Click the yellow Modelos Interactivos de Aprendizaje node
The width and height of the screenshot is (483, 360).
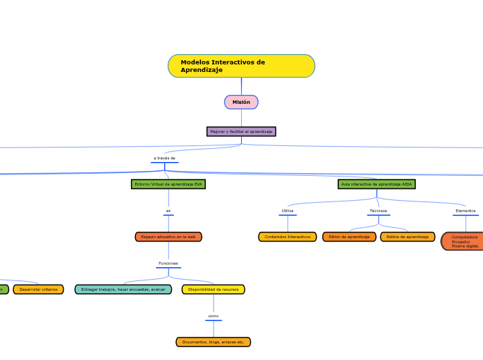241,66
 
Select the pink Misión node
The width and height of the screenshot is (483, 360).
241,102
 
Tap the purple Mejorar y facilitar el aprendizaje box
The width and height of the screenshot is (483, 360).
241,132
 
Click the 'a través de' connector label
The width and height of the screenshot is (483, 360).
164,159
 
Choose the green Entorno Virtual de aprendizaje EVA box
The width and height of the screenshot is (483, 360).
168,184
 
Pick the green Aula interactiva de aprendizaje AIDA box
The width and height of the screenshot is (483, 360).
377,184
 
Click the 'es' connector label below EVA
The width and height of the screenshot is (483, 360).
168,211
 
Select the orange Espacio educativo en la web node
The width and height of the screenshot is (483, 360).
168,237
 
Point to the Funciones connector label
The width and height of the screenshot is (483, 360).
168,264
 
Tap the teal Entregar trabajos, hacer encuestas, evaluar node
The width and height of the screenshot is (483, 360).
123,289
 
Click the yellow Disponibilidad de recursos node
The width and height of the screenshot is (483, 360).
213,289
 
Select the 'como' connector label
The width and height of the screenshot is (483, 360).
213,316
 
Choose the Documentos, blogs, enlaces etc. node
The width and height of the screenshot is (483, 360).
213,342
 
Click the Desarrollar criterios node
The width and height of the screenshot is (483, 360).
38,289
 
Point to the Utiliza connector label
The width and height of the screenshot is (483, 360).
288,210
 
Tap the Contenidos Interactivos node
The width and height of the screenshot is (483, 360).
288,237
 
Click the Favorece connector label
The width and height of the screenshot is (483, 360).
378,210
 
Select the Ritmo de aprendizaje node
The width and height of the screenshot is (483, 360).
349,237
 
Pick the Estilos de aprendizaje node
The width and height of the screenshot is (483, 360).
407,237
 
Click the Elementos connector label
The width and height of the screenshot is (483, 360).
465,210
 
